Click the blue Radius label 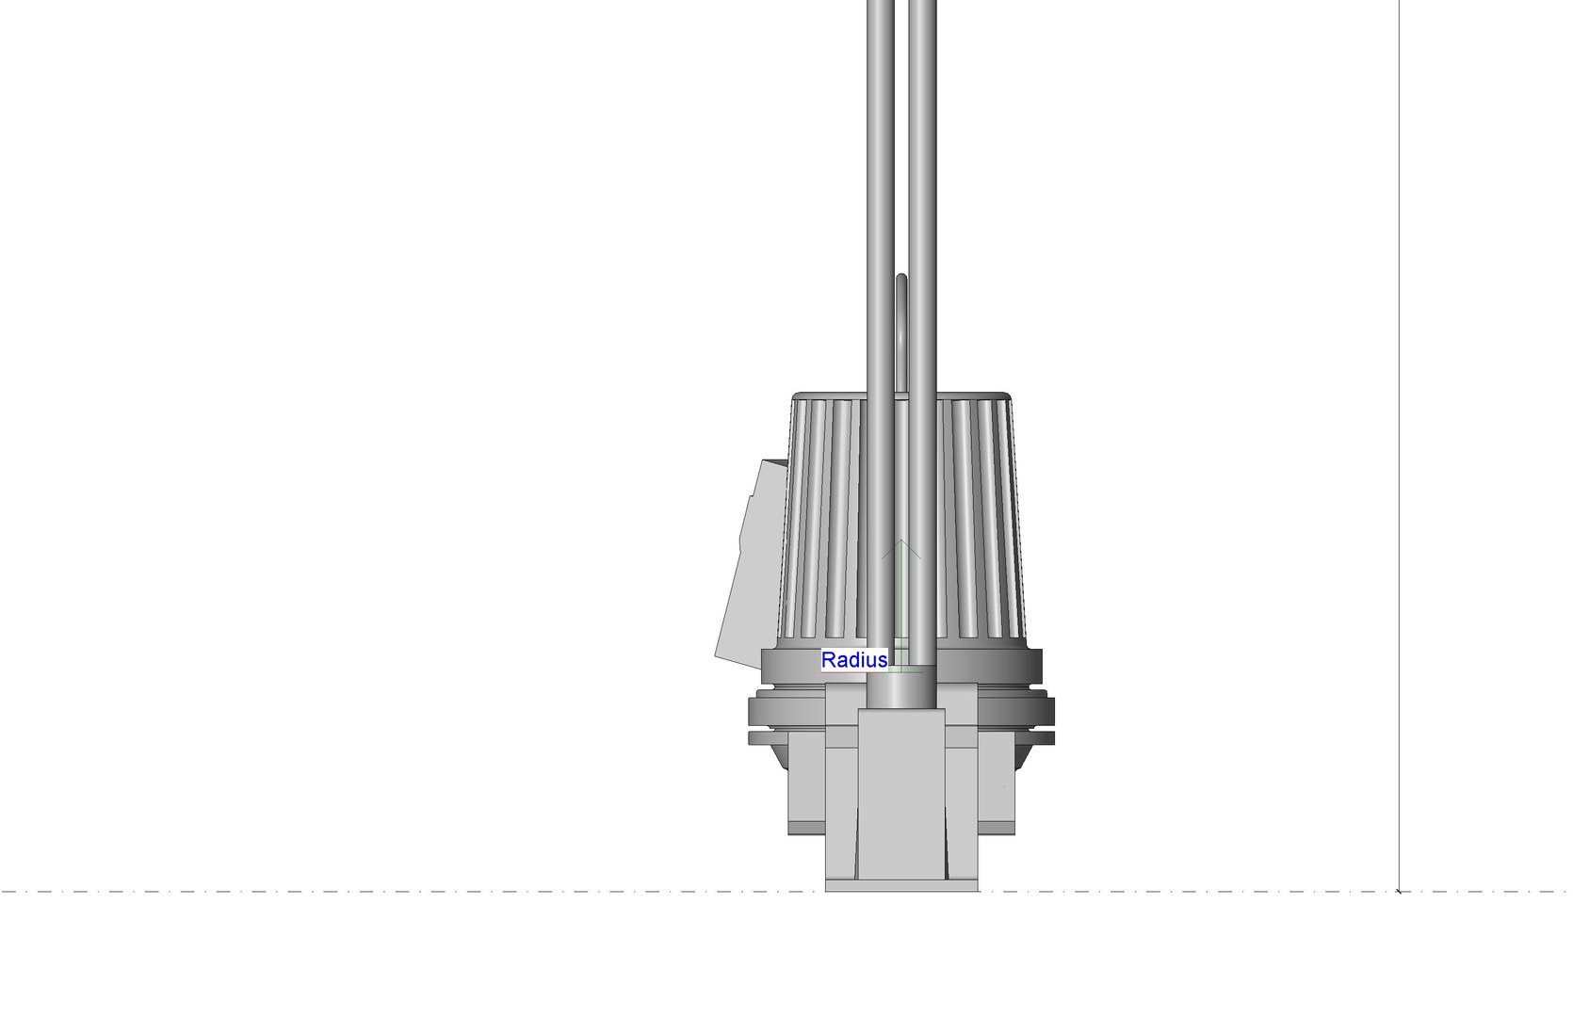pyautogui.click(x=853, y=660)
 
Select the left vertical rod pyautogui.click(x=881, y=188)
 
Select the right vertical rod pyautogui.click(x=922, y=188)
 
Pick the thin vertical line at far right pyautogui.click(x=1399, y=377)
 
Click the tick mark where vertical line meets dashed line pyautogui.click(x=1399, y=890)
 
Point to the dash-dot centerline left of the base pyautogui.click(x=377, y=891)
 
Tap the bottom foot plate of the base pyautogui.click(x=901, y=886)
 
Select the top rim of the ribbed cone pyautogui.click(x=901, y=395)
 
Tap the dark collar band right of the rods pyautogui.click(x=989, y=666)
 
